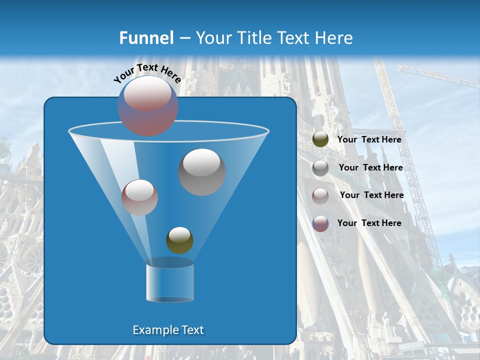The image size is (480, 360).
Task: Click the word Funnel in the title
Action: tap(146, 38)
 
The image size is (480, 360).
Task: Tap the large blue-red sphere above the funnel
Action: tap(147, 106)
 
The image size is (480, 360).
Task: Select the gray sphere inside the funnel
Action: tap(202, 172)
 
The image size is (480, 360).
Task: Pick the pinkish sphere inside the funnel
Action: tap(139, 197)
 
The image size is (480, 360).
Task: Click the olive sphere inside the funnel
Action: tap(179, 240)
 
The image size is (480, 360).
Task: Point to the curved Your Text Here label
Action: tap(147, 73)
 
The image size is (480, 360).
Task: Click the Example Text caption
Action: tap(168, 330)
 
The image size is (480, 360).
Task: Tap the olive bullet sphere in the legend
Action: tap(320, 139)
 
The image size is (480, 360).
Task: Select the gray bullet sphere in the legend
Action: tap(320, 168)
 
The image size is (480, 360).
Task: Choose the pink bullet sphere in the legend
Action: tap(320, 195)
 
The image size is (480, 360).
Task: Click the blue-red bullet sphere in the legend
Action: tap(320, 223)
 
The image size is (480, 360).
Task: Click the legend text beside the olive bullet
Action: tap(369, 140)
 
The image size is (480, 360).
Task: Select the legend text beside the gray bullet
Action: tap(370, 168)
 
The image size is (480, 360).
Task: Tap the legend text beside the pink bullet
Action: tap(371, 195)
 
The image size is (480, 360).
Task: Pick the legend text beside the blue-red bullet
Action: tap(369, 223)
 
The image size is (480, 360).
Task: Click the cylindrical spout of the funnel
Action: tap(170, 282)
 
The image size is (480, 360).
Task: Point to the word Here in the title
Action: tap(334, 38)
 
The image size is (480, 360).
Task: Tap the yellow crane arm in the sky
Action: tap(440, 76)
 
